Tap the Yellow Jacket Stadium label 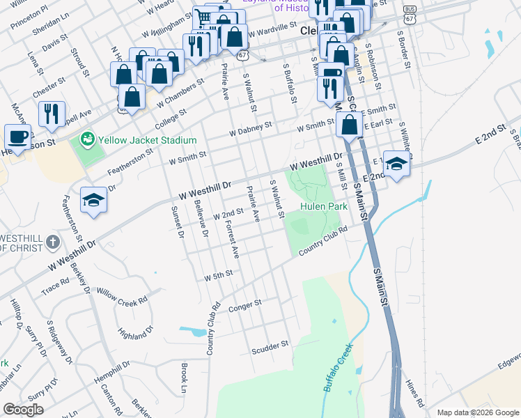point(147,140)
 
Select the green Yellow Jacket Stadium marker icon point(88,139)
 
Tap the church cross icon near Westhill point(52,242)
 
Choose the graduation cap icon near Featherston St point(93,200)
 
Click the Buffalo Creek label point(338,366)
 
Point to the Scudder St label point(270,346)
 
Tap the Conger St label point(244,304)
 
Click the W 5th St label point(217,277)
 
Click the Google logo point(24,410)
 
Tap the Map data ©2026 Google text point(476,412)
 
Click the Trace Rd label point(55,283)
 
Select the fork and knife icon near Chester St point(52,114)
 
